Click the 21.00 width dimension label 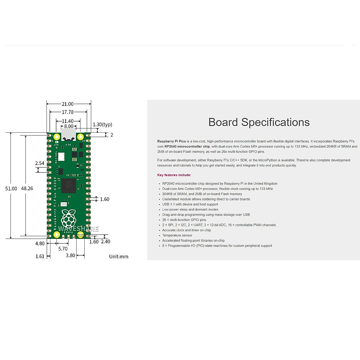coord(67,104)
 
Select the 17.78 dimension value coord(67,112)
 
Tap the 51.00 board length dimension coord(11,188)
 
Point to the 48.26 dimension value coord(27,188)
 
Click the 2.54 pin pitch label coord(40,163)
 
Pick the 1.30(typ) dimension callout coord(102,124)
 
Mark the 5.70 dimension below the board coord(63,249)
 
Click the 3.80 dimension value coord(70,256)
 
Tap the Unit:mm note coord(118,256)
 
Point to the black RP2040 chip coord(68,185)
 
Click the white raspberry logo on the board coord(69,218)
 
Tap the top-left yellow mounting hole coord(56,137)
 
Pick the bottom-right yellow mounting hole coord(80,235)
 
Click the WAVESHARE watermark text coord(78,229)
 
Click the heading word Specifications coord(275,122)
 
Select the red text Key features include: coord(174,175)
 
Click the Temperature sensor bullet coord(177,235)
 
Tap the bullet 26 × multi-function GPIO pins coord(184,220)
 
